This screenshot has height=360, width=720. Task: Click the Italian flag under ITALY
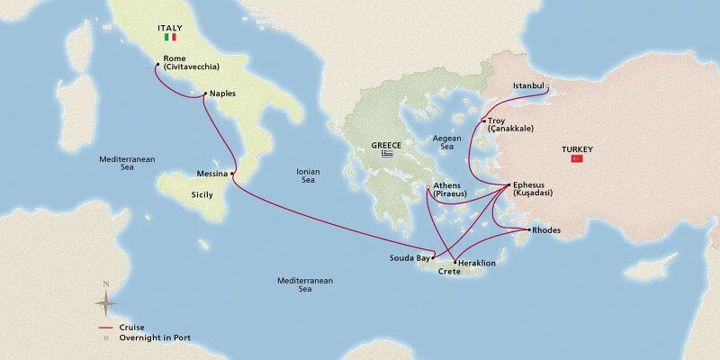[x=168, y=39]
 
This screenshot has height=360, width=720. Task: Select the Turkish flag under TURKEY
[x=577, y=158]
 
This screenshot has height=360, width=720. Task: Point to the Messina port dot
[x=233, y=173]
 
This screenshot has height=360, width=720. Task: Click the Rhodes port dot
[x=527, y=230]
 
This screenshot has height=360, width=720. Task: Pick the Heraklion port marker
[x=455, y=263]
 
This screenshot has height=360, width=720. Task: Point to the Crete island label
[x=449, y=272]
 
